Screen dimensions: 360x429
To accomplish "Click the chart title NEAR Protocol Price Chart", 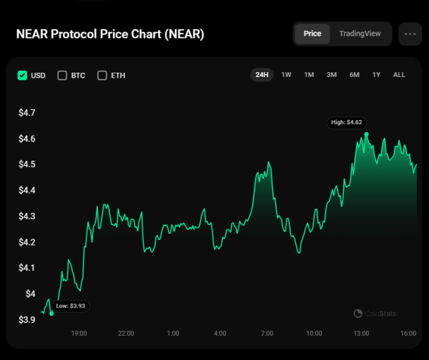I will [109, 34].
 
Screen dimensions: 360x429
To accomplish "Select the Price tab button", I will [312, 34].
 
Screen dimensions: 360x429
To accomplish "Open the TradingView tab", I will [360, 34].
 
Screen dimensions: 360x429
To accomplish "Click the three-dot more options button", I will [410, 34].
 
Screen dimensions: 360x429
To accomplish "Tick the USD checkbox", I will [22, 75].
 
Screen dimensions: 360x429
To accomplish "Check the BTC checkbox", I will [62, 75].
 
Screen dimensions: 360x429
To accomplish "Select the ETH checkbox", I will [102, 75].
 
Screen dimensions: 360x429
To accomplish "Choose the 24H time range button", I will [262, 75].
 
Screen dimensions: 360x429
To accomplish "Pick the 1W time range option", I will [286, 75].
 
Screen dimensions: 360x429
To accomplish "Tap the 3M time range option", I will [332, 75].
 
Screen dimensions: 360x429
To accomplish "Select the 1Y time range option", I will [376, 75].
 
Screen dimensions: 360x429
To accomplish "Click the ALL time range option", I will [399, 75].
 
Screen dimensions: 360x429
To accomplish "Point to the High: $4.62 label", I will [346, 123].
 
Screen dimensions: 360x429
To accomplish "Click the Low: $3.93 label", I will [71, 306].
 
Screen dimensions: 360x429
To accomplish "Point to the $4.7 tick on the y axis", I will [26, 113].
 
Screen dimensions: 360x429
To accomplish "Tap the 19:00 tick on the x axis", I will [79, 334].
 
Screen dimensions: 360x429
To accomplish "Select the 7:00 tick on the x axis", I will [267, 334].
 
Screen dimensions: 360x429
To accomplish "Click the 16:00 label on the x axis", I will [409, 334].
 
